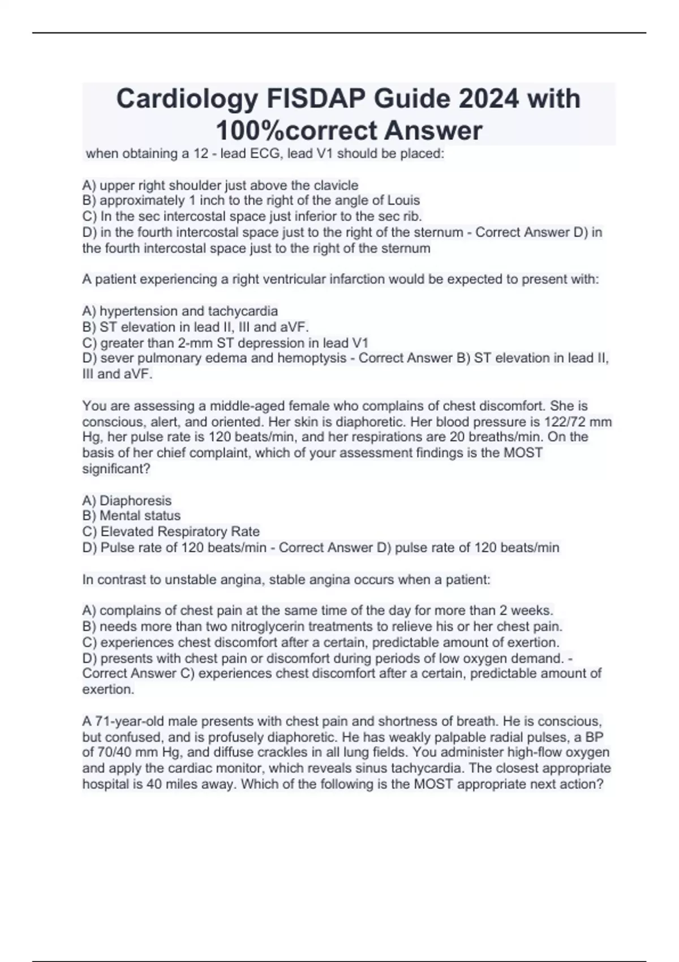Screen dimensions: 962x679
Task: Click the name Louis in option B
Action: pyautogui.click(x=404, y=200)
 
